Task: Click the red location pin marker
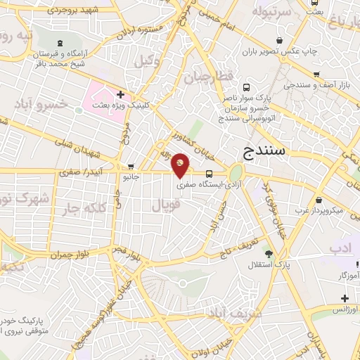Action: click(181, 165)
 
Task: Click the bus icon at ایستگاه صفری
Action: click(209, 173)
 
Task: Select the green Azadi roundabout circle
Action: click(236, 172)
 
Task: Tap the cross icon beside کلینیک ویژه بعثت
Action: click(121, 94)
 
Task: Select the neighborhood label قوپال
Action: click(166, 205)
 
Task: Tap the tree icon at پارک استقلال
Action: click(268, 253)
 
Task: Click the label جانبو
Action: click(129, 178)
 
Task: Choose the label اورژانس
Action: click(345, 309)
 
